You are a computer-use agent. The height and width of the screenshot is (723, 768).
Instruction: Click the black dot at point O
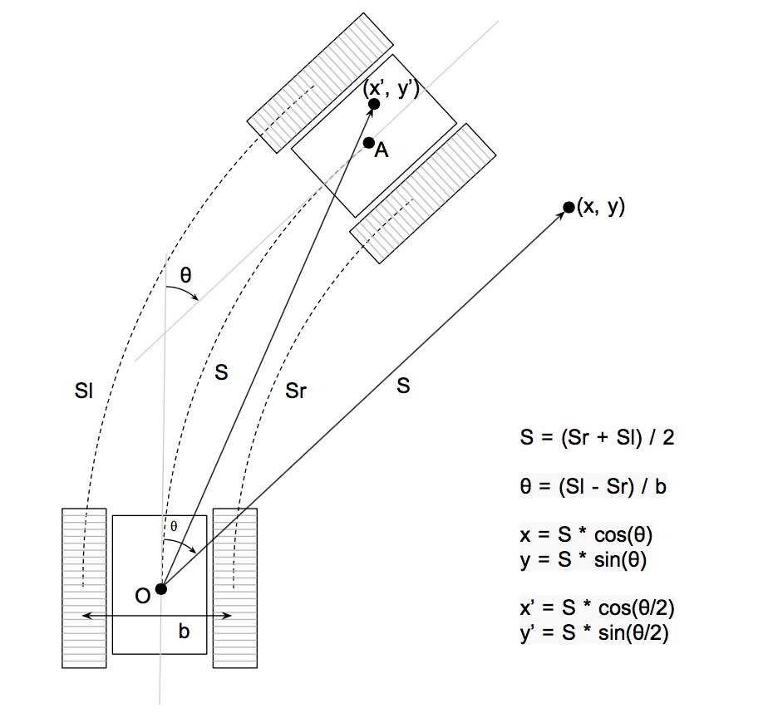(161, 588)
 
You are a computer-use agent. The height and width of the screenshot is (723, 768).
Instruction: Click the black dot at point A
(369, 143)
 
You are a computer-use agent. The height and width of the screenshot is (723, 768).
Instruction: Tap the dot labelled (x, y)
(569, 207)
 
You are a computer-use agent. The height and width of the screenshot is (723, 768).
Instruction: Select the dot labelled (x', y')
(374, 104)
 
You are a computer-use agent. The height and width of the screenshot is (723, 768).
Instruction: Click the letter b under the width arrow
(184, 631)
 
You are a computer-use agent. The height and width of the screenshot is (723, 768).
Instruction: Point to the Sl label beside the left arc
(84, 391)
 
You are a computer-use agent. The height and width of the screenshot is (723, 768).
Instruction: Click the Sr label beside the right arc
(296, 391)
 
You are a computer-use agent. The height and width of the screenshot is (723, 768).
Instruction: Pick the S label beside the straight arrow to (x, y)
(403, 386)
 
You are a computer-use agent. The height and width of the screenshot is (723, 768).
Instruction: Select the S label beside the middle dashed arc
(221, 373)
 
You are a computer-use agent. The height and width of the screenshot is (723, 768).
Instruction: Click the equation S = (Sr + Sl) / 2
(597, 437)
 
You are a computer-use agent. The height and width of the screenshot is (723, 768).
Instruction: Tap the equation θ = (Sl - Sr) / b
(593, 486)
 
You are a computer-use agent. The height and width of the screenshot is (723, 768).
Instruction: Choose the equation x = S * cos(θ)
(586, 534)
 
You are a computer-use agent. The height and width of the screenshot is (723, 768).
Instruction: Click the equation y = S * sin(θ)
(583, 559)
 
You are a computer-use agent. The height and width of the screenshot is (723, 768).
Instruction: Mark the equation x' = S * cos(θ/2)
(597, 607)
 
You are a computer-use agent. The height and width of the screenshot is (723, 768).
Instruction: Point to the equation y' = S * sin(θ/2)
(594, 633)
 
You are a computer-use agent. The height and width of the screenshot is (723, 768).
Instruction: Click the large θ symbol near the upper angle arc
(185, 275)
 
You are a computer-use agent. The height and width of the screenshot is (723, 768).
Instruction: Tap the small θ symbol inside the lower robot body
(174, 526)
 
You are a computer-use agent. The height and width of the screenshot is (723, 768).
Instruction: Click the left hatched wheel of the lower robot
(84, 588)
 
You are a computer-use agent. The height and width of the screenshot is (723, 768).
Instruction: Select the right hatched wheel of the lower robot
(235, 588)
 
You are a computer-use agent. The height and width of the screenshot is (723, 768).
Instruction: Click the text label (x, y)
(601, 207)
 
